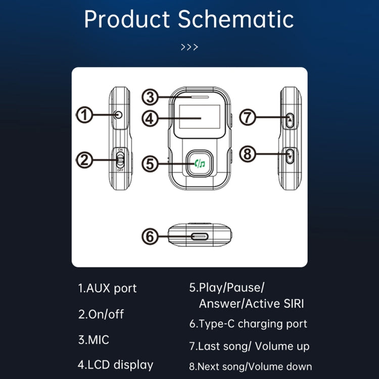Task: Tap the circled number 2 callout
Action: [x=85, y=161]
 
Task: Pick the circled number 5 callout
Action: [x=150, y=164]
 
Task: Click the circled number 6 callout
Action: [x=150, y=236]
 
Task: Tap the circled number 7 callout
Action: [x=248, y=118]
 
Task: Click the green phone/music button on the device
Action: [x=200, y=163]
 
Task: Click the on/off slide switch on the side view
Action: [x=120, y=161]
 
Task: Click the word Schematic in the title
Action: [x=235, y=19]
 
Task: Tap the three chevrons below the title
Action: [x=189, y=48]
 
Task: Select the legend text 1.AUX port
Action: [x=107, y=289]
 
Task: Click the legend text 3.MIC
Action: [x=93, y=340]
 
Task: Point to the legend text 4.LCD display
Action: [x=115, y=364]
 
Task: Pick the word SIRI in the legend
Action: [x=291, y=304]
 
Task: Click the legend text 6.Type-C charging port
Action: [x=248, y=324]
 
